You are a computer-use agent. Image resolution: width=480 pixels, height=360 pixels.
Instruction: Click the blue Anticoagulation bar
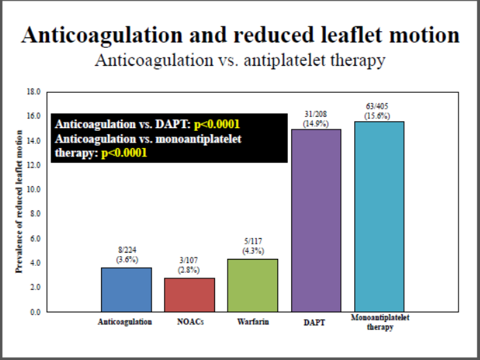(126, 289)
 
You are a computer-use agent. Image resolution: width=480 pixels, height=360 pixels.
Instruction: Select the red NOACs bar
(190, 294)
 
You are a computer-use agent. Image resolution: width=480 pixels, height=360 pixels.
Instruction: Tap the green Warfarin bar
(252, 285)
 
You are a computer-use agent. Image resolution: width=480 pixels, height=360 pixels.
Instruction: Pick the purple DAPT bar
(316, 220)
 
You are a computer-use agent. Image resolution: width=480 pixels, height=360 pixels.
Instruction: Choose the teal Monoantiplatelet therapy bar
(379, 216)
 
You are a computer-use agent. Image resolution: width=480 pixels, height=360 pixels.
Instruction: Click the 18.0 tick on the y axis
(34, 91)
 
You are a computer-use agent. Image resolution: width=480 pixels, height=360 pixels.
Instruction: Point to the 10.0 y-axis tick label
(34, 189)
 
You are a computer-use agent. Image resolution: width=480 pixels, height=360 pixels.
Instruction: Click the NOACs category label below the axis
(190, 322)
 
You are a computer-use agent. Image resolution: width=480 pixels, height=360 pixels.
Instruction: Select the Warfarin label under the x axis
(252, 322)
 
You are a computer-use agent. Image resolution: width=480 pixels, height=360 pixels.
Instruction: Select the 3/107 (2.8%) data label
(190, 264)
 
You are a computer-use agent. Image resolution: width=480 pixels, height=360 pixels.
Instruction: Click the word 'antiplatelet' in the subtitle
(299, 60)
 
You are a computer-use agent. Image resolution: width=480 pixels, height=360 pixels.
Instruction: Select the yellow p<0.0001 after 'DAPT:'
(216, 125)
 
